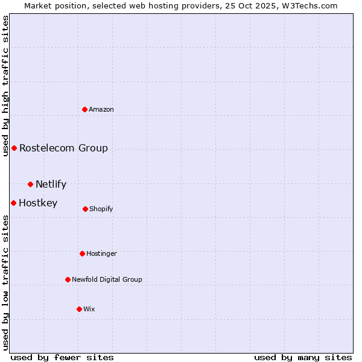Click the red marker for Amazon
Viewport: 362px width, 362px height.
(85, 109)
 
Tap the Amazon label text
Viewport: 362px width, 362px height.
(101, 110)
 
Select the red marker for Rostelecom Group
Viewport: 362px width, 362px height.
(14, 148)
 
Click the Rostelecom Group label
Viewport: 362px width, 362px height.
(63, 148)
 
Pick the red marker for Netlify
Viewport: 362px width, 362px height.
(30, 184)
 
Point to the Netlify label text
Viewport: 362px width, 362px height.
(51, 185)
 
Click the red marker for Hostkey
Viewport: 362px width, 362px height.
(13, 203)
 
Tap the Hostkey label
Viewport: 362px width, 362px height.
(38, 203)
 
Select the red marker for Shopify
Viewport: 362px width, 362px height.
(85, 209)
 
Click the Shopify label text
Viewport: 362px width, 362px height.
(101, 209)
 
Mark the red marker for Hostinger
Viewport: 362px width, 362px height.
(82, 253)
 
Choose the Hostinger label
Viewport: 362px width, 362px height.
(101, 254)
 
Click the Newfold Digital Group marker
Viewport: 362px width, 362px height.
(68, 279)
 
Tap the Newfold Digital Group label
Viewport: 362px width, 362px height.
(107, 280)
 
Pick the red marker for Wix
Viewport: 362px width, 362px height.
(79, 309)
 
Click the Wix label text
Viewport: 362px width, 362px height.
(89, 310)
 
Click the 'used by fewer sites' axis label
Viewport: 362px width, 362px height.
(62, 357)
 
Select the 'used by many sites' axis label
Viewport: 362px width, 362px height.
(303, 357)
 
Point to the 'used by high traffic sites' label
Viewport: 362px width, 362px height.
(5, 86)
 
